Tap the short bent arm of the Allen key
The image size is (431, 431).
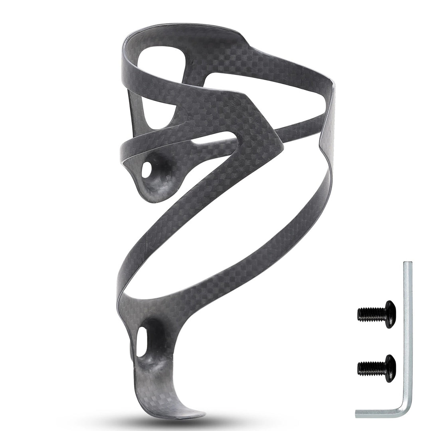[x=379, y=413]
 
